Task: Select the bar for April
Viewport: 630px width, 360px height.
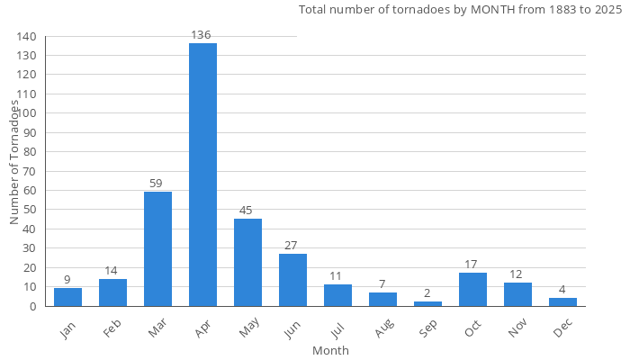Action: pos(202,175)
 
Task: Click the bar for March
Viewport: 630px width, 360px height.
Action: pos(157,249)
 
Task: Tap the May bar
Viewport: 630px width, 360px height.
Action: pos(247,263)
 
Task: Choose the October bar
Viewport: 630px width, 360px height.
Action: pos(472,290)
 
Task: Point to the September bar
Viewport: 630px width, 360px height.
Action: pos(427,304)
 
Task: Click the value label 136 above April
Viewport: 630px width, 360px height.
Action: pos(202,35)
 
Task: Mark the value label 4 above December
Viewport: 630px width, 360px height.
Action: pos(562,290)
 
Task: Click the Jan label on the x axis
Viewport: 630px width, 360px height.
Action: pos(68,330)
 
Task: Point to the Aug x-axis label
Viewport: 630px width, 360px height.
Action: pos(383,331)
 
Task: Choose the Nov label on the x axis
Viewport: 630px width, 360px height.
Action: pos(518,331)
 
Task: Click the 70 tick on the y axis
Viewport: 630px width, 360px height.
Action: pos(30,171)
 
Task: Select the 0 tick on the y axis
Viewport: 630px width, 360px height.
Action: pos(33,306)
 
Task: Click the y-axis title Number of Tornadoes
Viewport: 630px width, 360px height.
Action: pos(14,162)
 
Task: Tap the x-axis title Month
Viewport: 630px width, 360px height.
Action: pos(330,350)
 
